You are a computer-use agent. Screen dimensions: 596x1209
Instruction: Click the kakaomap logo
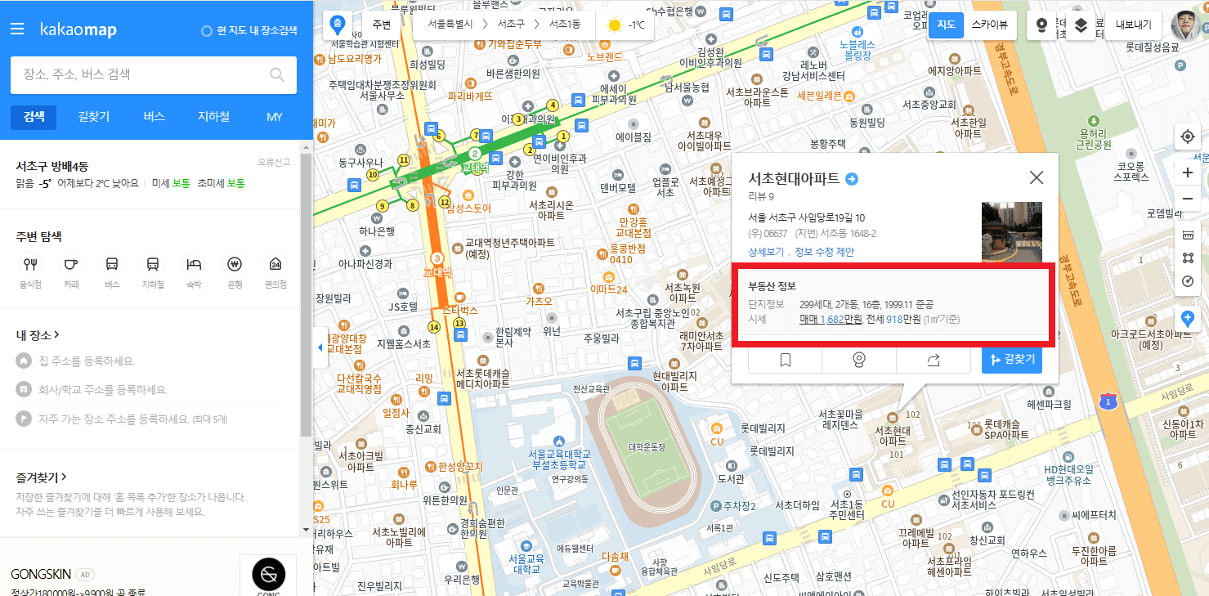pyautogui.click(x=78, y=30)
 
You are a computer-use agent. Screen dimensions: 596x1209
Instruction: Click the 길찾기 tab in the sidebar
pyautogui.click(x=94, y=117)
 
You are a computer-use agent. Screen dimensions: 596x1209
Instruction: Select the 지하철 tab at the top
pyautogui.click(x=213, y=117)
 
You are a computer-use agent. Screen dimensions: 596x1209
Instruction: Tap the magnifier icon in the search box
pyautogui.click(x=277, y=75)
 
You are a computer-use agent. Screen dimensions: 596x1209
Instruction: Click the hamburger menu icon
pyautogui.click(x=17, y=29)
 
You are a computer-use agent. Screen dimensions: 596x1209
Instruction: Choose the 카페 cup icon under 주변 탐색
pyautogui.click(x=71, y=264)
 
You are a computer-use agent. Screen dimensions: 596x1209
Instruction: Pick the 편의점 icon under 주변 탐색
pyautogui.click(x=275, y=264)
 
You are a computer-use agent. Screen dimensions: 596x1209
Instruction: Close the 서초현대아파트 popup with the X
pyautogui.click(x=1036, y=177)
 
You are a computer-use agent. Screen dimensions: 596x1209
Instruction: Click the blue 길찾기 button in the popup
pyautogui.click(x=1011, y=360)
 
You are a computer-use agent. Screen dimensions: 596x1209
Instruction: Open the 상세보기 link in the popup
pyautogui.click(x=766, y=252)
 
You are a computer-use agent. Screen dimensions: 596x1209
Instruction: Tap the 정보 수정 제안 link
pyautogui.click(x=824, y=252)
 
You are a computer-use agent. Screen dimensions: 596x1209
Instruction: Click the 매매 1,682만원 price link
pyautogui.click(x=831, y=319)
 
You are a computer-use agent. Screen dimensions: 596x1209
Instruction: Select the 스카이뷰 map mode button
pyautogui.click(x=989, y=25)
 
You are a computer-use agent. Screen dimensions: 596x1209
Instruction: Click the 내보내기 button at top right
pyautogui.click(x=1133, y=25)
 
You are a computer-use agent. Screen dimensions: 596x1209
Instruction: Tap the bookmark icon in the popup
pyautogui.click(x=785, y=360)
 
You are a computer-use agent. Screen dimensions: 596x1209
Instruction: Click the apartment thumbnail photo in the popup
pyautogui.click(x=1011, y=231)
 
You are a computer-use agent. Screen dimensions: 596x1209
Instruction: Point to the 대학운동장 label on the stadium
pyautogui.click(x=647, y=447)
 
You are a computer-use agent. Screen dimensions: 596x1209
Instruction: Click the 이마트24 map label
pyautogui.click(x=609, y=289)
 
